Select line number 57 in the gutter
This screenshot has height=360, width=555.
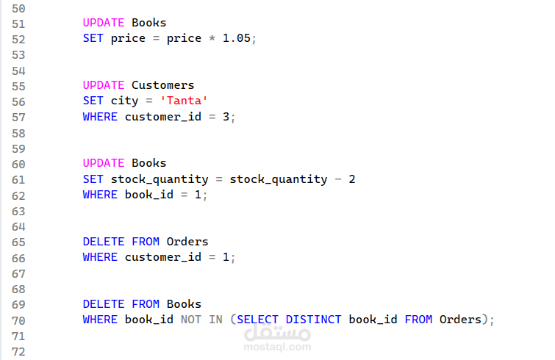coord(18,117)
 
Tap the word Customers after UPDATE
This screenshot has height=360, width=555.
coord(162,85)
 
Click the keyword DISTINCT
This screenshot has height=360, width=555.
coord(313,320)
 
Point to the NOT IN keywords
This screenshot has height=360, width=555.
coord(201,320)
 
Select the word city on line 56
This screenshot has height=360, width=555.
coord(124,101)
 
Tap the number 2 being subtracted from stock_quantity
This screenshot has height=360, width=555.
coord(351,179)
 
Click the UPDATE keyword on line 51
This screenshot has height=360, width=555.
coord(103,23)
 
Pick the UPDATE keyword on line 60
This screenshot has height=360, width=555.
coord(103,163)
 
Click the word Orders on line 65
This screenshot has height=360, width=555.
coord(187,242)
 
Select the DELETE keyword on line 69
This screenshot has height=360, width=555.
coord(103,304)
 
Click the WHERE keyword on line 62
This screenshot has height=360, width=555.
coord(99,195)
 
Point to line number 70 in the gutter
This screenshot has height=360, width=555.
coord(18,320)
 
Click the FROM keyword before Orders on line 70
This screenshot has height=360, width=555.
coord(418,320)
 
